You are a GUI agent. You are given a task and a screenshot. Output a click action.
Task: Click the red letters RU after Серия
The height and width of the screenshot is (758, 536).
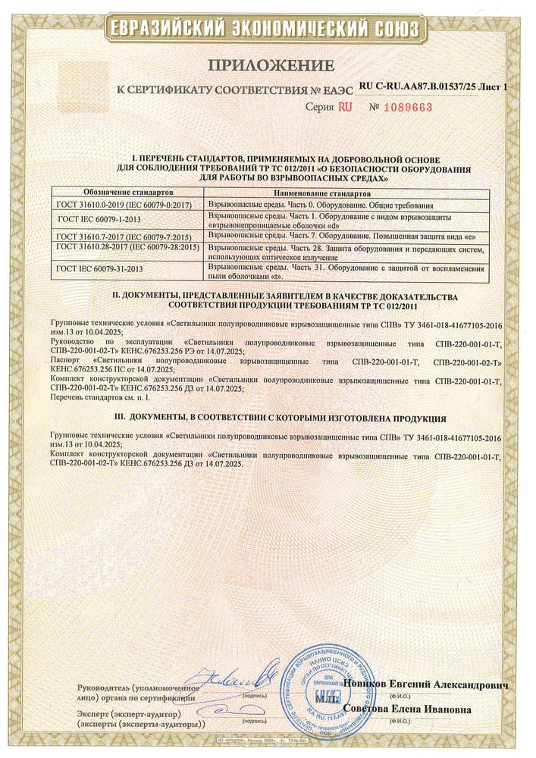pyautogui.click(x=345, y=108)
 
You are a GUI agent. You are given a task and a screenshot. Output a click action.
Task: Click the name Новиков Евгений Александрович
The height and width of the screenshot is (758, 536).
pyautogui.click(x=425, y=684)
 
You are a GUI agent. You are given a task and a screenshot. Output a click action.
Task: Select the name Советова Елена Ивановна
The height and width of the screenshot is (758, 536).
pyautogui.click(x=406, y=709)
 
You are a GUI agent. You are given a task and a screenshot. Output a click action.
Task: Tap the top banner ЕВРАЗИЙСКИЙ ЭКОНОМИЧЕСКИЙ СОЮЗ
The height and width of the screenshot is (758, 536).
pyautogui.click(x=267, y=30)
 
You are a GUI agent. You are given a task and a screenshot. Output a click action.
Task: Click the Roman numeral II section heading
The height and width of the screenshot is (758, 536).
pyautogui.click(x=268, y=299)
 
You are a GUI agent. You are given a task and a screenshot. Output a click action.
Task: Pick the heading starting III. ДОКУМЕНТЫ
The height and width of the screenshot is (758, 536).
pyautogui.click(x=267, y=418)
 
